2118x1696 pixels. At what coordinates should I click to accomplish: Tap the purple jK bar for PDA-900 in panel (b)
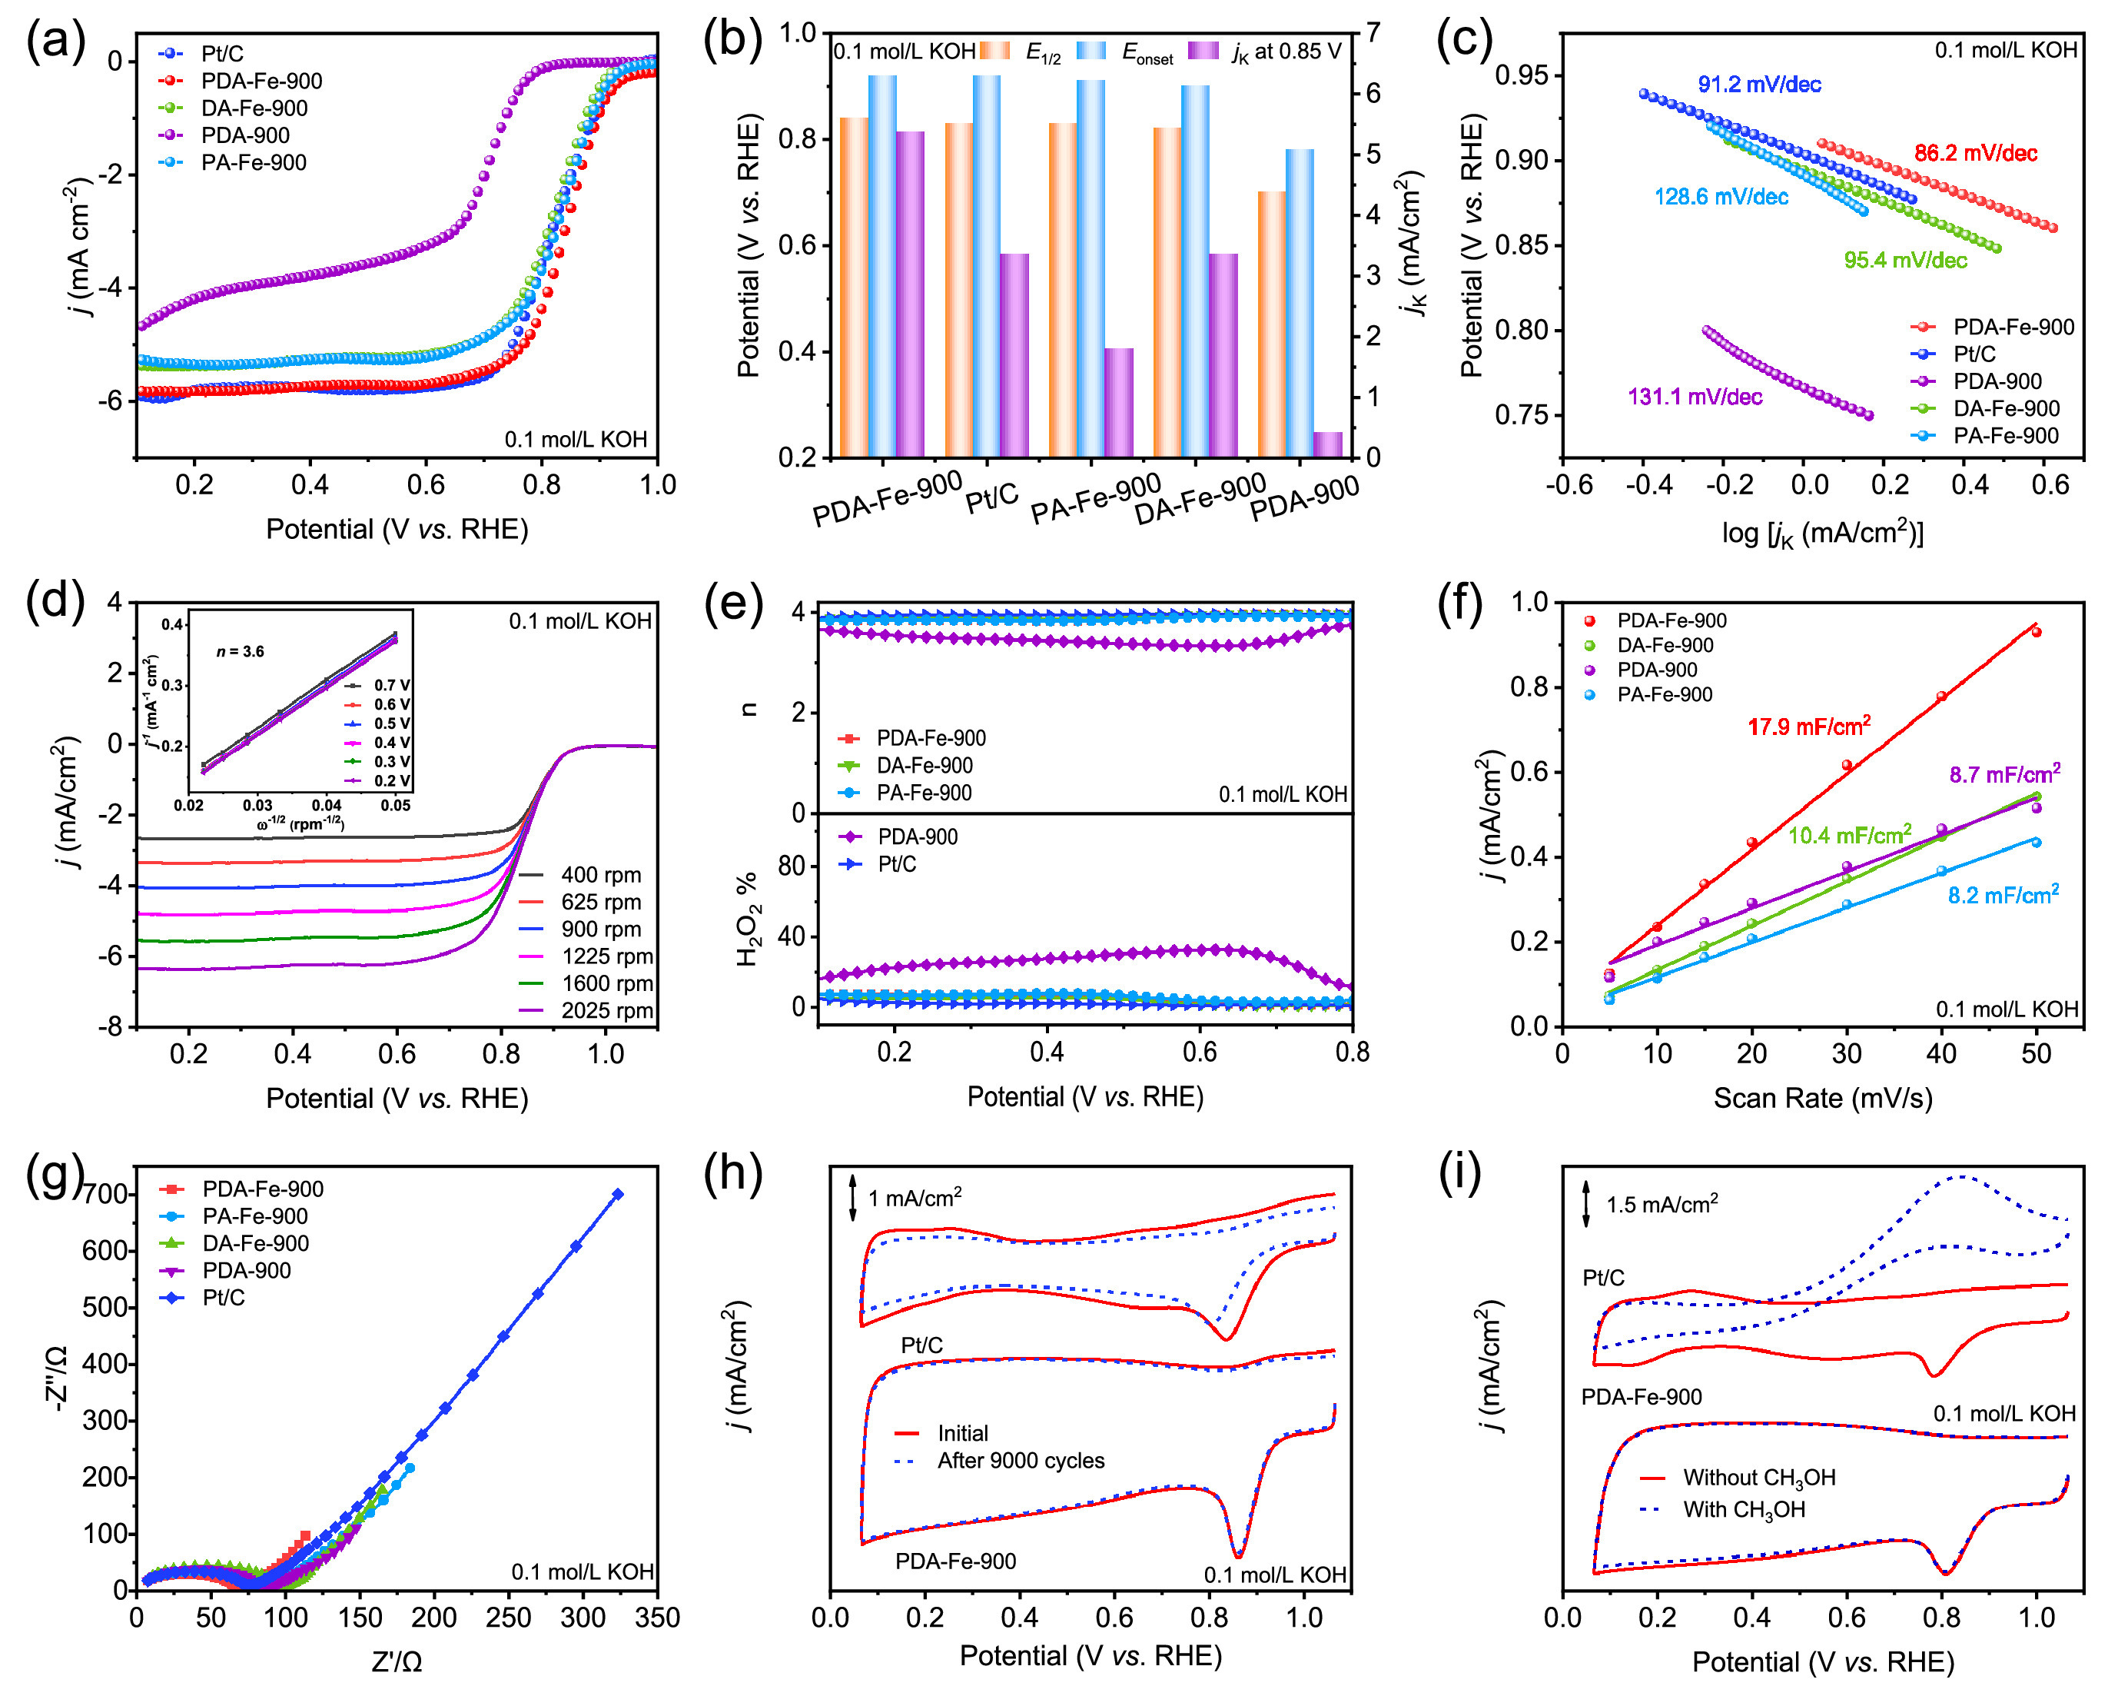click(x=1327, y=444)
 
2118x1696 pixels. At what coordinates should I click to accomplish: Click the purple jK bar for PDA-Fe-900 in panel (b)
click(x=910, y=294)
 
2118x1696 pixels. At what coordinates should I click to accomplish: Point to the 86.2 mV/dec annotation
click(x=1974, y=153)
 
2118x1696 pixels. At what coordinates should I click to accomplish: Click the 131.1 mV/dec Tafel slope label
click(x=1695, y=397)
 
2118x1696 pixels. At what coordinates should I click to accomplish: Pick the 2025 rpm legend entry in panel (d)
click(x=606, y=1010)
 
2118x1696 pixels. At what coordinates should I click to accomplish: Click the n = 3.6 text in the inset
click(x=240, y=651)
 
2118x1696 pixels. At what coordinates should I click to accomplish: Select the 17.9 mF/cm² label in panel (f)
click(x=1808, y=727)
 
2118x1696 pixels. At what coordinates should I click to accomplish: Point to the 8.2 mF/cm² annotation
click(x=2003, y=895)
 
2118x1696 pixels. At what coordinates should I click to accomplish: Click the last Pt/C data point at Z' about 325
click(x=618, y=1194)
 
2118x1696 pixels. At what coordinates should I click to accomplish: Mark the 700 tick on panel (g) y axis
click(x=105, y=1195)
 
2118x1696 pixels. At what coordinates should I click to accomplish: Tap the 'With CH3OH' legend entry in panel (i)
click(x=1744, y=1509)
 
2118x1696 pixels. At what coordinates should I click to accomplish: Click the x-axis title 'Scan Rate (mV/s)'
click(x=1822, y=1098)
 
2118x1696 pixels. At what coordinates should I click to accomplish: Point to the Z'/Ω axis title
click(x=397, y=1661)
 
